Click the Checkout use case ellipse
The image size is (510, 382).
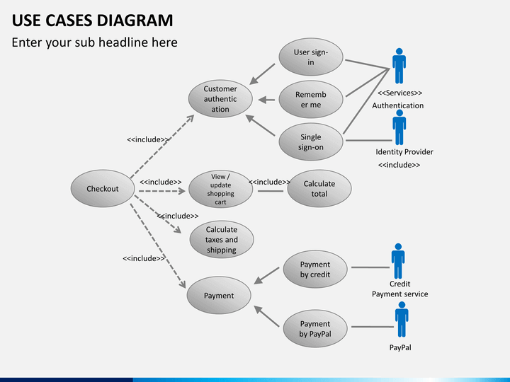[x=103, y=189]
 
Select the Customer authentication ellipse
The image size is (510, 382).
[x=220, y=100]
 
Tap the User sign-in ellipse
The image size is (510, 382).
[x=310, y=57]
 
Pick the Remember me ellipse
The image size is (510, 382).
[x=310, y=100]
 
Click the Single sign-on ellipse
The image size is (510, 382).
[x=310, y=142]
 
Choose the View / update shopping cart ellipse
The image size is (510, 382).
[x=220, y=189]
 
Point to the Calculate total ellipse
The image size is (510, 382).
[x=319, y=189]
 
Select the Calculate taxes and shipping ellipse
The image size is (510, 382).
[x=221, y=240]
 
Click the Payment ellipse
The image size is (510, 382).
[x=219, y=295]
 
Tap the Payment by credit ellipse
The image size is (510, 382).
[x=314, y=270]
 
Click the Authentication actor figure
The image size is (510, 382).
[x=399, y=66]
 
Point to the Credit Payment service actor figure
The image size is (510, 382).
[x=398, y=261]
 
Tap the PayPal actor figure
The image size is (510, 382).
[x=402, y=320]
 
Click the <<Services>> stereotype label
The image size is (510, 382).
[x=399, y=93]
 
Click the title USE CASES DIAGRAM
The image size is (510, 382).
[x=92, y=20]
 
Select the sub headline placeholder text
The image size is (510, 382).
[x=94, y=42]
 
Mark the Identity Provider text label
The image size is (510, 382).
[x=404, y=152]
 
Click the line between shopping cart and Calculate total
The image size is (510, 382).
[x=271, y=190]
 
